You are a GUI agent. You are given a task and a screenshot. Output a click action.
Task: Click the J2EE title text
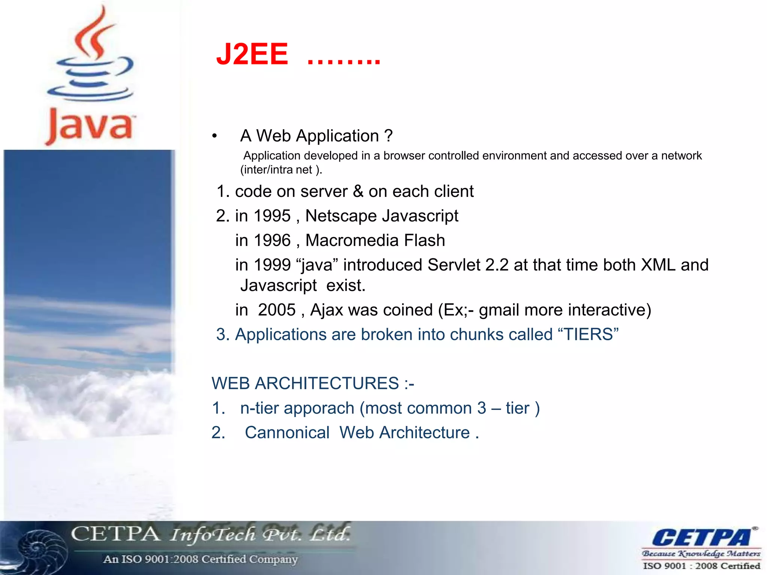[x=252, y=54]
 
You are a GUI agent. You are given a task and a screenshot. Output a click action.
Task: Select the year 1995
[x=272, y=216]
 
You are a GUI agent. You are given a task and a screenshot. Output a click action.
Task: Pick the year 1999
[x=272, y=265]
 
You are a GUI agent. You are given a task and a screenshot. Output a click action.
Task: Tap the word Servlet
[x=454, y=265]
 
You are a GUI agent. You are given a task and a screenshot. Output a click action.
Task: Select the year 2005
[x=276, y=310]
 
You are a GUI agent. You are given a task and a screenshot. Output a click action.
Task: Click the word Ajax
[x=328, y=310]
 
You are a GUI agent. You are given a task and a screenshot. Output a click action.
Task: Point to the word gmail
[x=499, y=310]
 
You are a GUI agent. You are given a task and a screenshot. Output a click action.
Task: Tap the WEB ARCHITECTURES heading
[x=312, y=383]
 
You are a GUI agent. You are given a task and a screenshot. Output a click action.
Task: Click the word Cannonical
[x=287, y=433]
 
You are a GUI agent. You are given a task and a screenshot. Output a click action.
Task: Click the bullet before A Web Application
[x=214, y=136]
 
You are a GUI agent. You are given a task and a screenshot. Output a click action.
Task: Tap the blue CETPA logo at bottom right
[x=701, y=538]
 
